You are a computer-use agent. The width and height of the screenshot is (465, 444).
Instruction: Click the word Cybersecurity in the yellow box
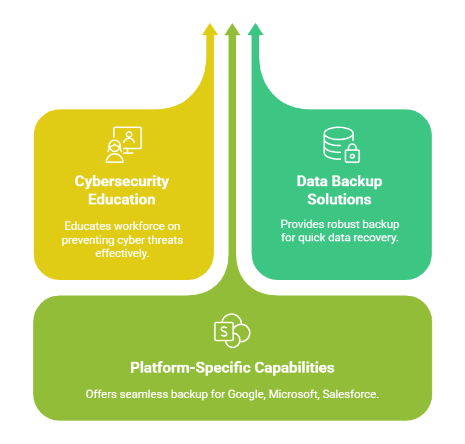coord(122,181)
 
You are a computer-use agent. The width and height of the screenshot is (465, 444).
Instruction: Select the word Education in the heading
coord(122,199)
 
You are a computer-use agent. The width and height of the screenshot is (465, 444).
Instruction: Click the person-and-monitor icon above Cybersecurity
coord(124,145)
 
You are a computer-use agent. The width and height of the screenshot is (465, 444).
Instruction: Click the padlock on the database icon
coord(351,154)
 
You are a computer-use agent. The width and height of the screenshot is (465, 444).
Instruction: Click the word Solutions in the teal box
coord(339,199)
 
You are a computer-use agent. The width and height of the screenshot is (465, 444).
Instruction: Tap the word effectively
coord(122,252)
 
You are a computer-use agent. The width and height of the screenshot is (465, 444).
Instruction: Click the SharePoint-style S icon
coord(231,331)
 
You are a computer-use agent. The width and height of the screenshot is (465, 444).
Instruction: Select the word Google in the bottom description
coord(245,394)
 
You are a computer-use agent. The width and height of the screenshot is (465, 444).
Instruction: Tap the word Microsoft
coord(293,394)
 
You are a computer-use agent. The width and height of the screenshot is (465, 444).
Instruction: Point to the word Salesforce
coord(350,394)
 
